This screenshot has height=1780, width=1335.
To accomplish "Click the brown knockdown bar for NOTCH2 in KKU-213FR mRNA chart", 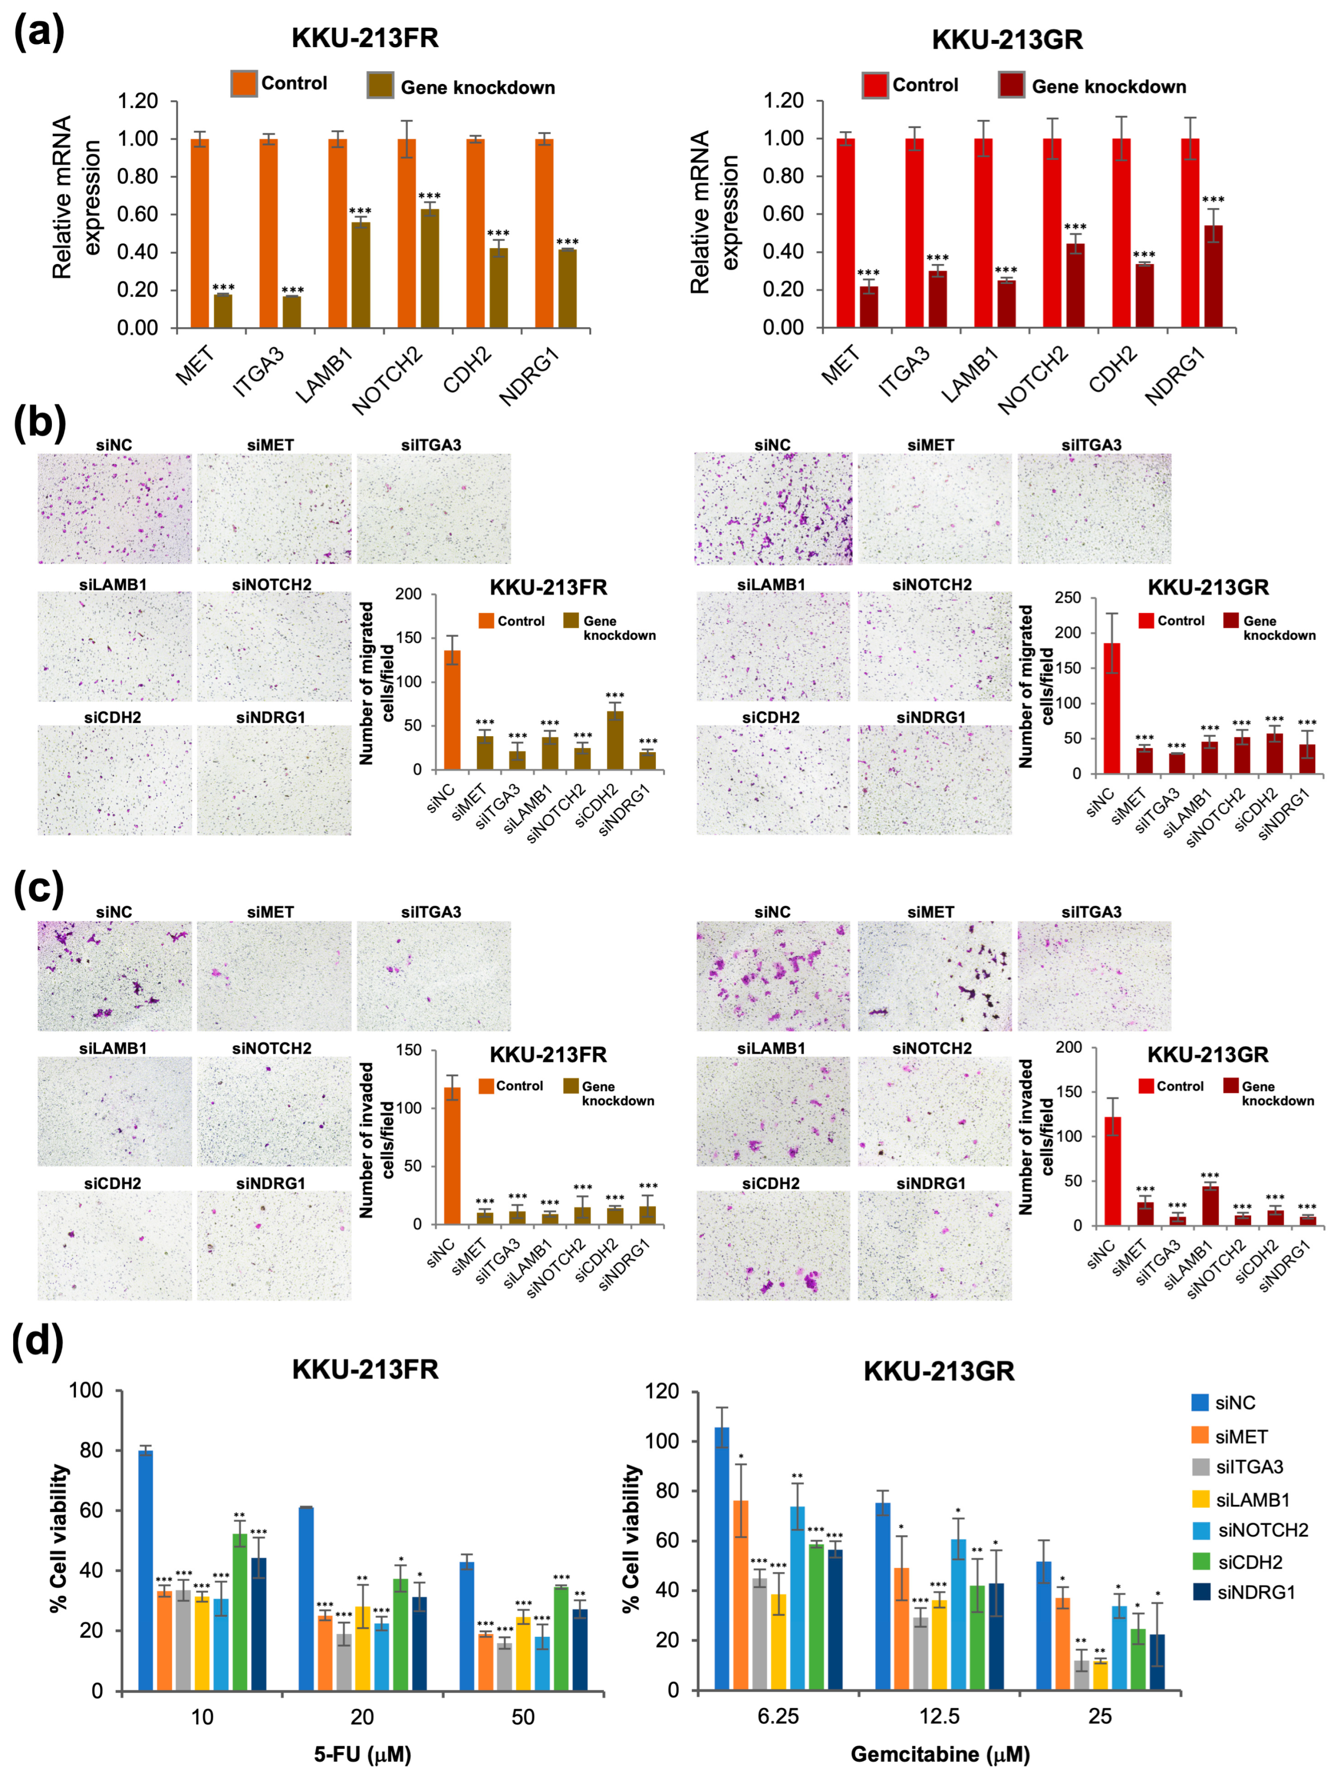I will [430, 268].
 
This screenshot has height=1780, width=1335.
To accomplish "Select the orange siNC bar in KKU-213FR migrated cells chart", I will [452, 710].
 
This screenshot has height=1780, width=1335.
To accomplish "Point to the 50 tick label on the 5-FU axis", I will [522, 1717].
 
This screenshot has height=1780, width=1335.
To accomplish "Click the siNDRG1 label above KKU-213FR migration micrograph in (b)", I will [271, 717].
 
